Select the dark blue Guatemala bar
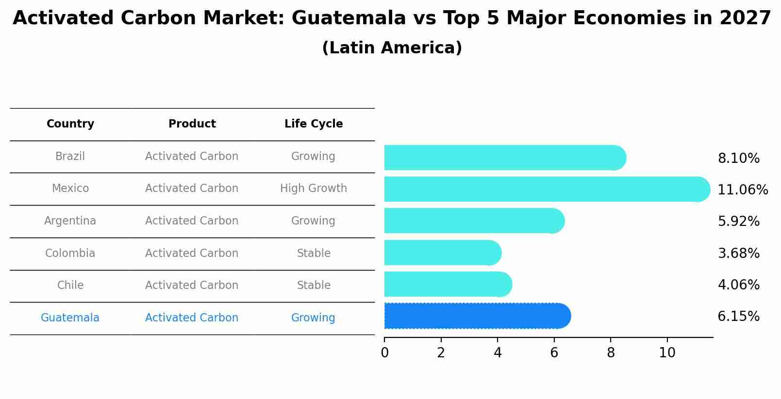tap(476, 316)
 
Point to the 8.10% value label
tap(738, 159)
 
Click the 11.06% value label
tap(742, 190)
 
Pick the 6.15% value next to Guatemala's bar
tap(738, 317)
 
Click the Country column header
tap(70, 124)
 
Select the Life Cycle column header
tap(314, 124)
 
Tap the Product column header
tap(192, 124)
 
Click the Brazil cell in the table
tap(70, 157)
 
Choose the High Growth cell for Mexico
tap(314, 189)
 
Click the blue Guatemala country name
tap(70, 318)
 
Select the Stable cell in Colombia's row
tap(314, 254)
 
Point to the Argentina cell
tap(70, 221)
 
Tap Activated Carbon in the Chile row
tap(192, 286)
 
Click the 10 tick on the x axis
tap(667, 353)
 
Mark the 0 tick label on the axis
tap(384, 353)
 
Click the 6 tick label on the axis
tap(554, 353)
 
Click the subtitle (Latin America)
tap(392, 48)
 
